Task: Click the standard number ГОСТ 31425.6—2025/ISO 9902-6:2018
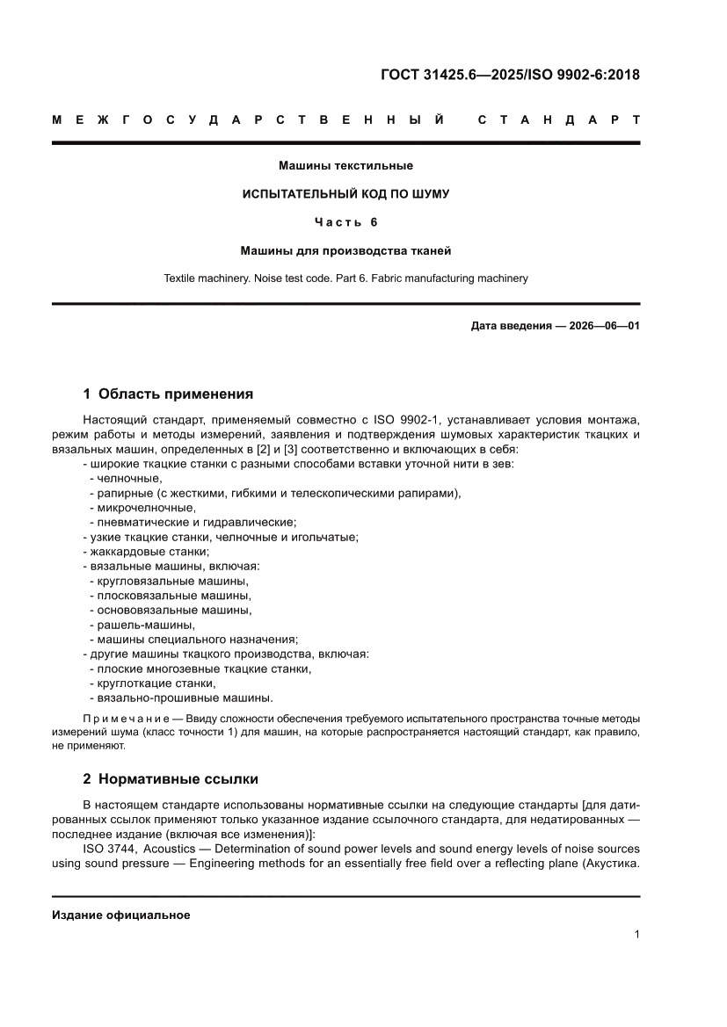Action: coord(509,75)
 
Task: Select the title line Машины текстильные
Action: coord(345,165)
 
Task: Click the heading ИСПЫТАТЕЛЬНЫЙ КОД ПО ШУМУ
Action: coord(345,193)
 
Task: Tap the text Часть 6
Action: coord(345,222)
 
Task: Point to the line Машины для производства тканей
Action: coord(345,250)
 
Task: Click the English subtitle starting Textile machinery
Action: coord(345,278)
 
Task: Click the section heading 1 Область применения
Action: coord(168,394)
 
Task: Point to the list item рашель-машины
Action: coord(141,625)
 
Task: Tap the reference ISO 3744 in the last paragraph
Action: coord(110,849)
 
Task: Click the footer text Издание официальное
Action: coord(121,915)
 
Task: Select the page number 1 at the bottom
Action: coord(636,935)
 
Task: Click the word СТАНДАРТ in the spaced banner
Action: coord(558,119)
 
